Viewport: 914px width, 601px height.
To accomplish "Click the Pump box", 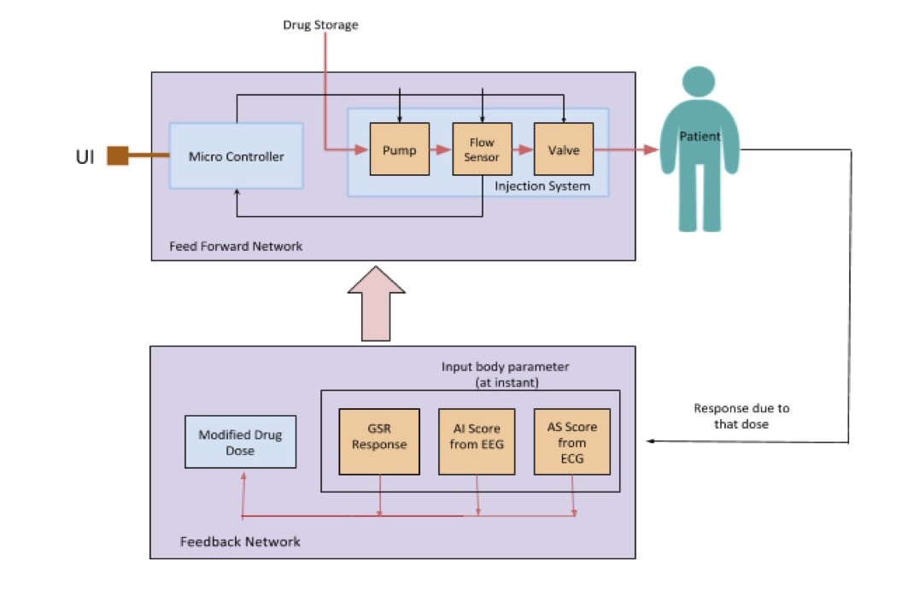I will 400,150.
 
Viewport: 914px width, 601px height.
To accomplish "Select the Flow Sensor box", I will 482,150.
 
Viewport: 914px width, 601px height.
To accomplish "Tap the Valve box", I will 563,150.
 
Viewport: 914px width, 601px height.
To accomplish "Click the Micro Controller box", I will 236,156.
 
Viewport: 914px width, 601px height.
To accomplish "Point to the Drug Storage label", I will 320,25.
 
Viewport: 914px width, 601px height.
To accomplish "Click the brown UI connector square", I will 117,155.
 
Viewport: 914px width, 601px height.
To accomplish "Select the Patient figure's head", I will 700,86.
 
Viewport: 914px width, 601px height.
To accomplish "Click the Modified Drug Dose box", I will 240,442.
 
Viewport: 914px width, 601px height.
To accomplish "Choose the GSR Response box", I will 379,442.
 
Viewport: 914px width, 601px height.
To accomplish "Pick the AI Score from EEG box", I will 478,442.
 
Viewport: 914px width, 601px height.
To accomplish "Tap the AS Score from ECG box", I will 571,442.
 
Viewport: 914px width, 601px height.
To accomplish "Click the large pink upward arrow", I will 377,303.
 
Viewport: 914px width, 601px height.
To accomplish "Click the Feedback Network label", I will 240,541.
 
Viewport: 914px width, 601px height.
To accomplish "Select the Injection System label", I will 542,185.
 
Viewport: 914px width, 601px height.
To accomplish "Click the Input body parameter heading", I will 505,373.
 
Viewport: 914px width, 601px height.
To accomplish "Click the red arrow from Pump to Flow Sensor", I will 440,150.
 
